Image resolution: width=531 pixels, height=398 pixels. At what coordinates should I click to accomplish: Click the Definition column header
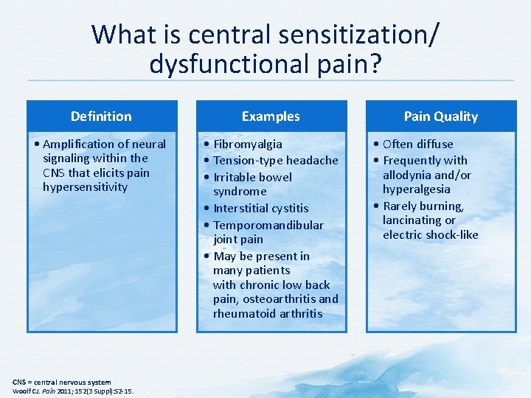click(101, 116)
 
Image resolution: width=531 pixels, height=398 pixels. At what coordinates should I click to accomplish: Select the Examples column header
click(271, 116)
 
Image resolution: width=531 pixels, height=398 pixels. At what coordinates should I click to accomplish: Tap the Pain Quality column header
click(440, 116)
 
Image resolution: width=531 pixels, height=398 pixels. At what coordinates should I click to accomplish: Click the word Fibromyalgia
click(247, 144)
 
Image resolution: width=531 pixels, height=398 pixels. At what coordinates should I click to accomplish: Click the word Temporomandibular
click(268, 226)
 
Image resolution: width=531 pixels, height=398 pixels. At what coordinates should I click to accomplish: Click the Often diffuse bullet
click(417, 144)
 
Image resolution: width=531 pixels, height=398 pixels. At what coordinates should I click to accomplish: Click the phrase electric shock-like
click(430, 235)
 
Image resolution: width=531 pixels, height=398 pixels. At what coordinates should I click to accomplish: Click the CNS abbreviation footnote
click(62, 382)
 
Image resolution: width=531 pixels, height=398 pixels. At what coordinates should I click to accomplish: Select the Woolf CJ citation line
click(73, 391)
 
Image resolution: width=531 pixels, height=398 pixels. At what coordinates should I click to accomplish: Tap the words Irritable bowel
click(252, 178)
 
